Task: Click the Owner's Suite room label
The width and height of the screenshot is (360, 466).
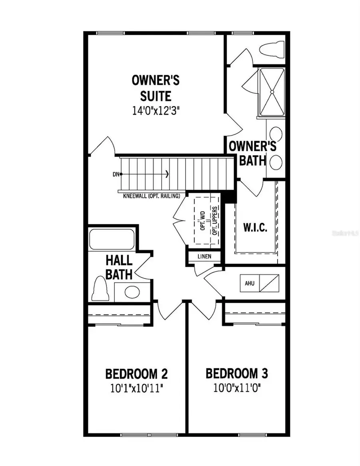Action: pyautogui.click(x=156, y=88)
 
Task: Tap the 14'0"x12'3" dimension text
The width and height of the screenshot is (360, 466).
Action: pyautogui.click(x=156, y=111)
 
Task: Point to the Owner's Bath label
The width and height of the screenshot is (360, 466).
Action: pyautogui.click(x=252, y=153)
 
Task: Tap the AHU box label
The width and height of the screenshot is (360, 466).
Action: pyautogui.click(x=250, y=284)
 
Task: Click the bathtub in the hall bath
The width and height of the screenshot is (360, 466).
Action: pyautogui.click(x=112, y=239)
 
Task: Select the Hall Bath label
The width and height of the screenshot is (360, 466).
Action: pyautogui.click(x=119, y=268)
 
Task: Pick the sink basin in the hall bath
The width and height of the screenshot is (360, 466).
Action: pyautogui.click(x=132, y=292)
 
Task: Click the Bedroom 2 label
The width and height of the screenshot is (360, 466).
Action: pyautogui.click(x=136, y=374)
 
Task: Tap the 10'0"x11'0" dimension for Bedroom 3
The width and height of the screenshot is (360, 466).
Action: pyautogui.click(x=237, y=388)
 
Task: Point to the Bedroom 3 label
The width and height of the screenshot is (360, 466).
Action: pyautogui.click(x=237, y=374)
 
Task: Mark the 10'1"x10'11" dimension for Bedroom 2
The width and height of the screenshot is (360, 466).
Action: pyautogui.click(x=136, y=388)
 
